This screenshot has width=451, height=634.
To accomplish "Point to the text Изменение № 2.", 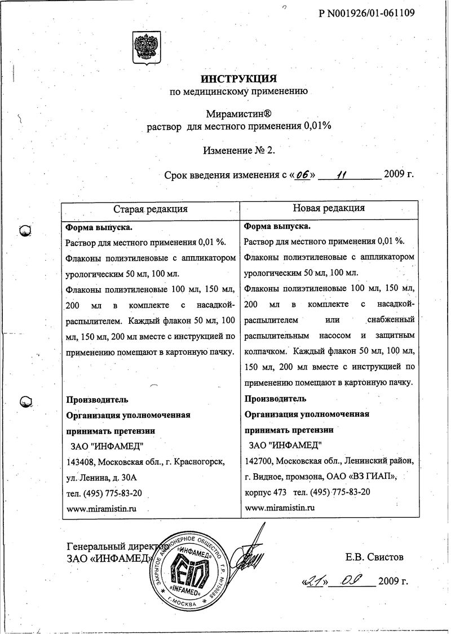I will click(x=238, y=150).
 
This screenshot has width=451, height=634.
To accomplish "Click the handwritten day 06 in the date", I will click(x=302, y=174).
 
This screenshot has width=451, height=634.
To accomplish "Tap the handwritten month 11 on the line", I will click(x=341, y=174).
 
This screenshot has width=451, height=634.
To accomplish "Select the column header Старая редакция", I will click(x=151, y=209).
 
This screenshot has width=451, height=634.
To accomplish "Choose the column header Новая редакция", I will click(x=329, y=208).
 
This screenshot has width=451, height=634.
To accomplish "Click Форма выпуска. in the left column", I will click(x=99, y=227).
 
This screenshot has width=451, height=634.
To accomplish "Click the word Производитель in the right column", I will click(x=276, y=399).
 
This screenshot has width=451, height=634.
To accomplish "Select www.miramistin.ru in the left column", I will click(x=102, y=508).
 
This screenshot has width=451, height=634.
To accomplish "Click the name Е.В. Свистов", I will click(x=374, y=558).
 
